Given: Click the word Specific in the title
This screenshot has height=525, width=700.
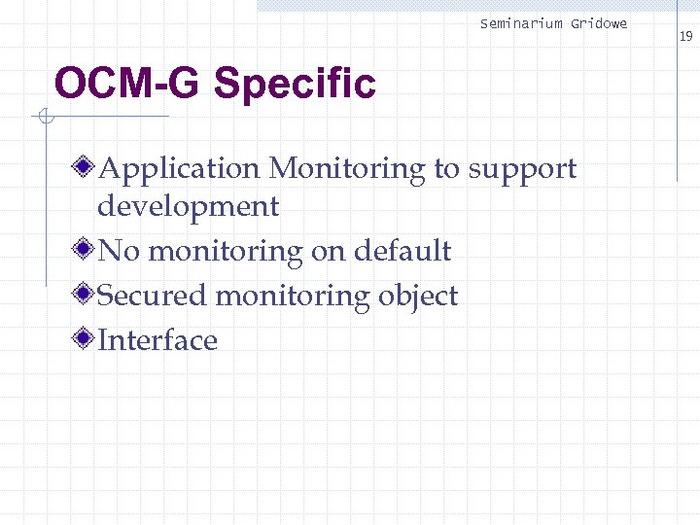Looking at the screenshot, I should tap(294, 86).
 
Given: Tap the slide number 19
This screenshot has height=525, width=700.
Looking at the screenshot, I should tap(685, 37).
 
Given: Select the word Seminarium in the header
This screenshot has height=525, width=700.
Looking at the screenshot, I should tap(521, 23).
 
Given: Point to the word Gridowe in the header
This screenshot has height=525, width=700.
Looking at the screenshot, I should tap(599, 23).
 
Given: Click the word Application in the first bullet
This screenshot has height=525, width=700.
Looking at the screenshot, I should tap(179, 169).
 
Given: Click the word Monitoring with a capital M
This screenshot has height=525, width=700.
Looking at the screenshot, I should tap(347, 169).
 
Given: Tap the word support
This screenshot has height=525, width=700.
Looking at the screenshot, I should tap(522, 170).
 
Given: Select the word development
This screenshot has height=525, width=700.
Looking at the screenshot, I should tap(188, 206).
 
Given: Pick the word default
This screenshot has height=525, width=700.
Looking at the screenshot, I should tap(402, 251).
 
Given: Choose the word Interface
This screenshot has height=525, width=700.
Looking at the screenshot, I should tap(157, 340).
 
